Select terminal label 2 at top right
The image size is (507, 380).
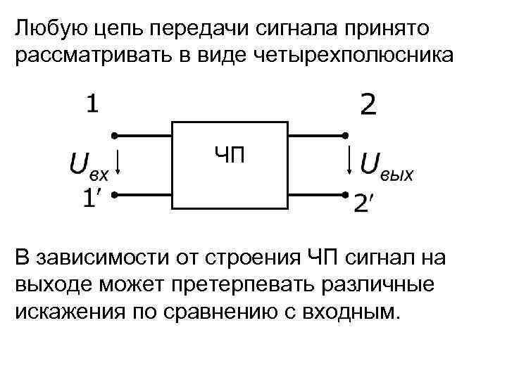click(368, 106)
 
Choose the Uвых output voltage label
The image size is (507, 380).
click(387, 167)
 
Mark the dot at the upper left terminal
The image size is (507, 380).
click(113, 135)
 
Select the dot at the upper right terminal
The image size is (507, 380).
click(346, 135)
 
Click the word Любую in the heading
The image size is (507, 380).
click(45, 30)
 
